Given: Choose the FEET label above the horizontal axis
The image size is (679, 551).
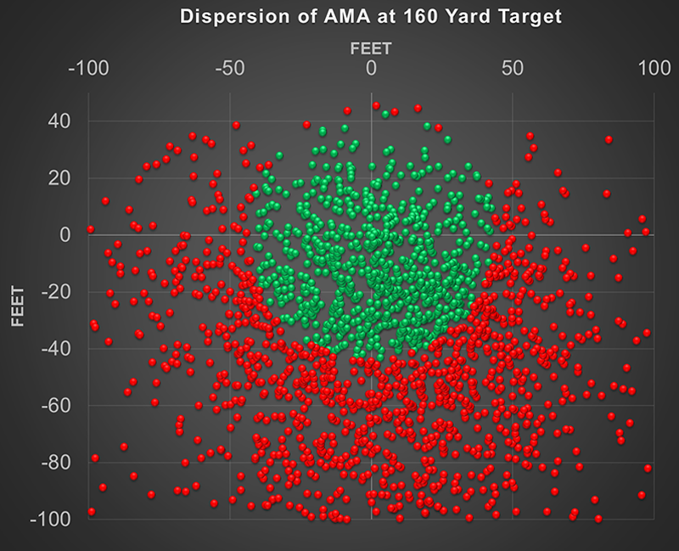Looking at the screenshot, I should (x=371, y=48).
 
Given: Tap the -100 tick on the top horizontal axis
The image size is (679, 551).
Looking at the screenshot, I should (x=88, y=68).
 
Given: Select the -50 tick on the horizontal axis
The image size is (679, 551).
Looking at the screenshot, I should (x=229, y=68).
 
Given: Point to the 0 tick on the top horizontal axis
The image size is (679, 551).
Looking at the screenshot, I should (x=371, y=68).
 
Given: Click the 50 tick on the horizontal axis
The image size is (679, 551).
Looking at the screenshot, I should (x=513, y=68).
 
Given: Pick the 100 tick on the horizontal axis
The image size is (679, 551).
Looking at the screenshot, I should (x=654, y=68).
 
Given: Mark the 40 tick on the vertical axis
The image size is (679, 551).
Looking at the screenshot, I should (x=59, y=121).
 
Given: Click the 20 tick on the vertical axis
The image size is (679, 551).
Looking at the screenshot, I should (x=59, y=178).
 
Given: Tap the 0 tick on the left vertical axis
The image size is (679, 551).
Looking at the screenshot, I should (x=65, y=235).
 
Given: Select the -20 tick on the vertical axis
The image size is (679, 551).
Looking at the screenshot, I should (x=55, y=292).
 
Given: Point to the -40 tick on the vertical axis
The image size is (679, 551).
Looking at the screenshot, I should (x=55, y=349).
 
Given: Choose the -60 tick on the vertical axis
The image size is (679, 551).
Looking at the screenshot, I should (x=55, y=406).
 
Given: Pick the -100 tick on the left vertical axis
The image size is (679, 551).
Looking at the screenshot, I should (x=51, y=519).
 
